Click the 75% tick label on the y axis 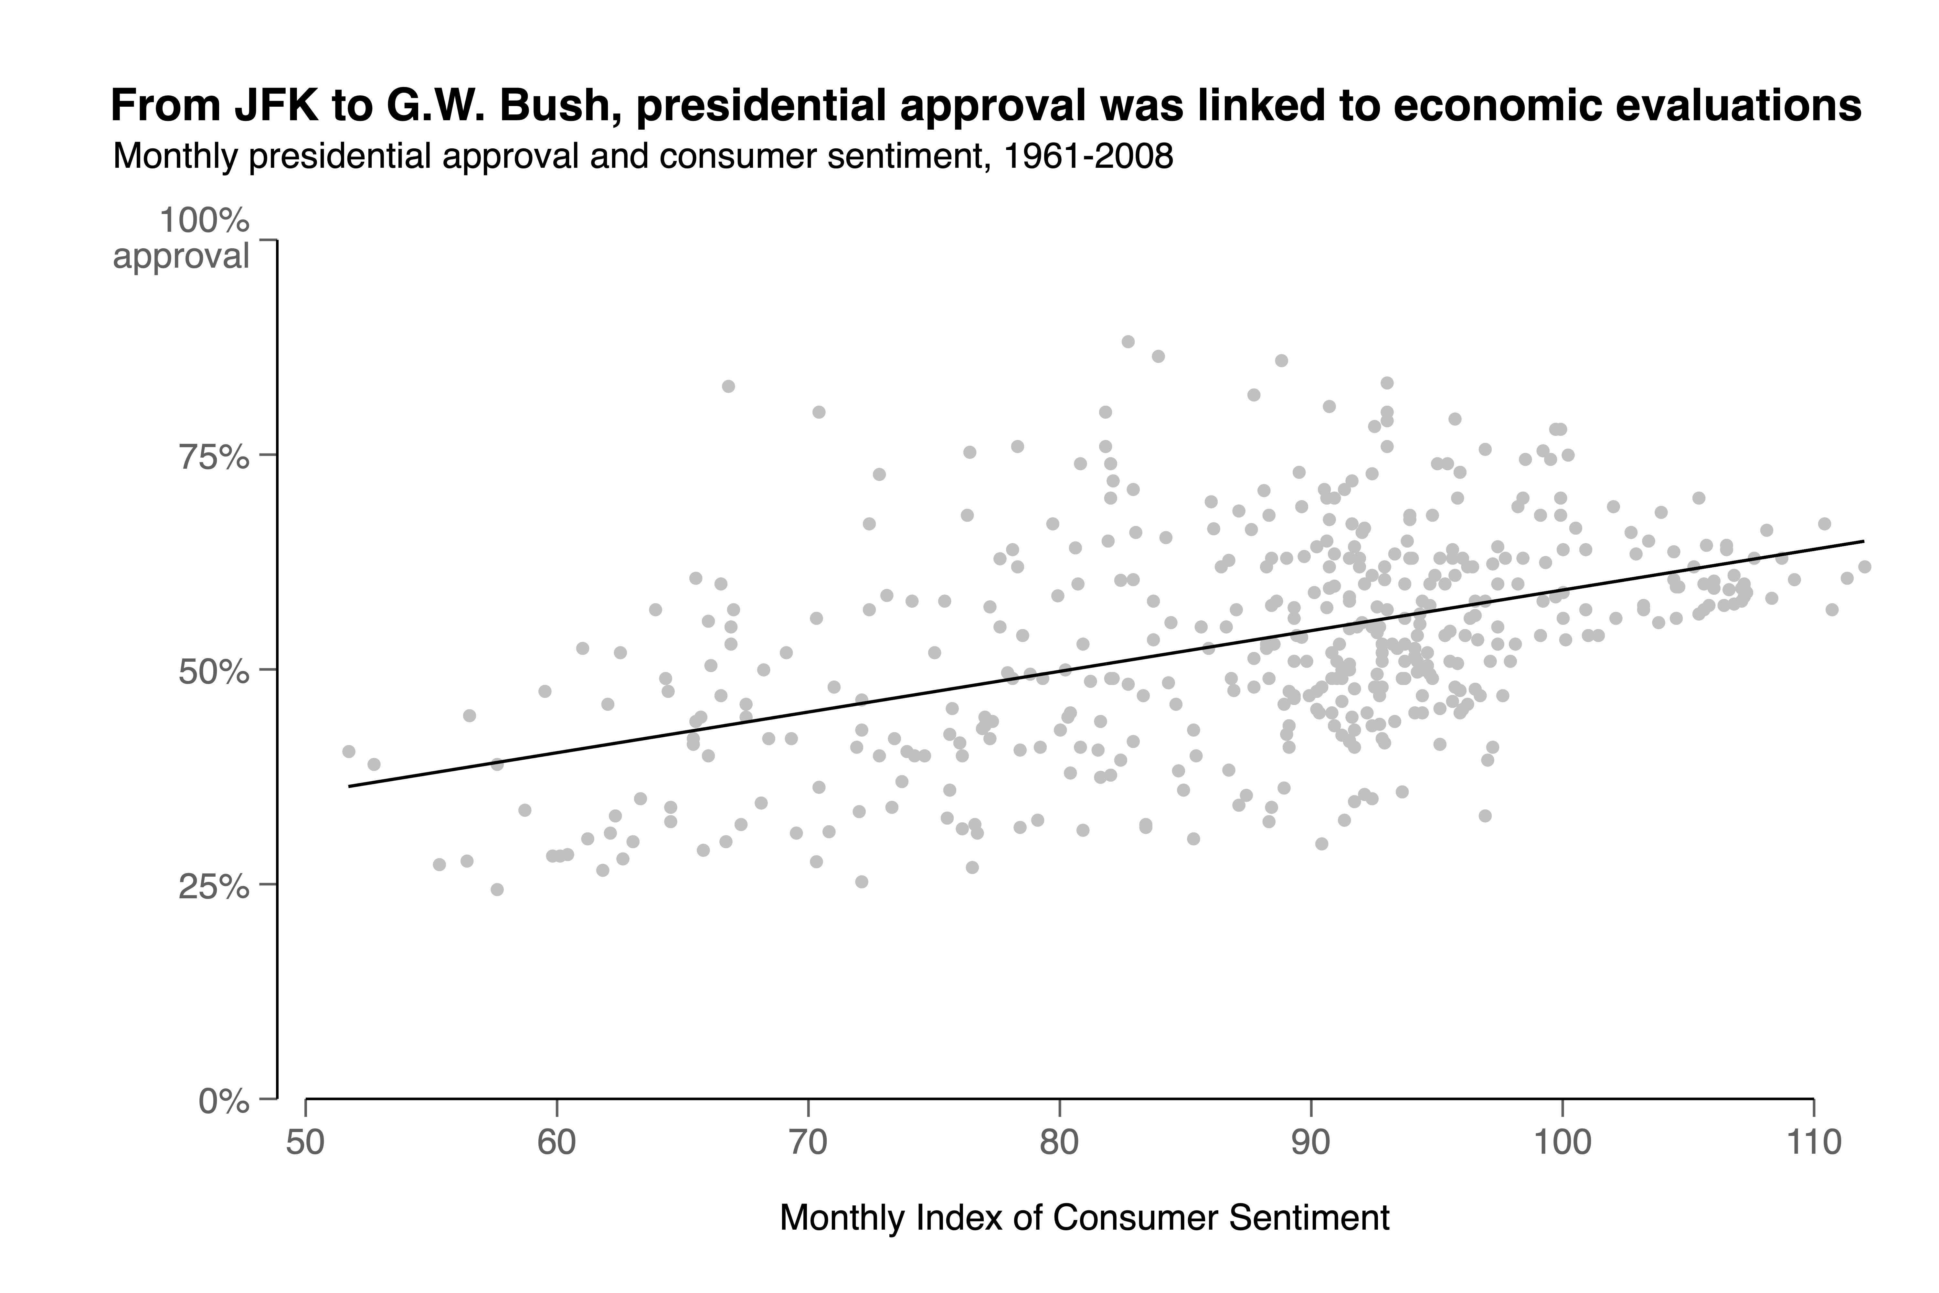pos(214,456)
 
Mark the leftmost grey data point pos(349,751)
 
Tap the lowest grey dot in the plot pos(497,889)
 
